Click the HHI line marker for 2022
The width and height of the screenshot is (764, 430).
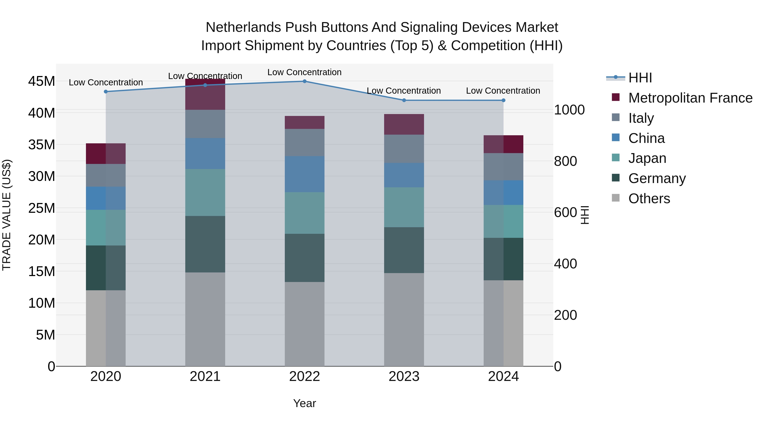(x=305, y=81)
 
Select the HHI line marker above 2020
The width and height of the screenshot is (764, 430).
(x=106, y=92)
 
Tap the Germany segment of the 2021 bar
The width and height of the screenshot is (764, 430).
(x=205, y=244)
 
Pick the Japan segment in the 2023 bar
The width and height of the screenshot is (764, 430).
(x=404, y=207)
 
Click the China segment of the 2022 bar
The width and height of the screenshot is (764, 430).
(x=305, y=174)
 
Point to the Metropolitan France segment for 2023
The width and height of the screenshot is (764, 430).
(x=404, y=124)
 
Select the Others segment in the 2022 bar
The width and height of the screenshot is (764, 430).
(x=305, y=324)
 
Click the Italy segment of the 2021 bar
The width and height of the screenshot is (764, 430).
(x=205, y=124)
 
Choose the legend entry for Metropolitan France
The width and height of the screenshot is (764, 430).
(x=690, y=98)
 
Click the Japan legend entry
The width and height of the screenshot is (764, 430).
(x=647, y=158)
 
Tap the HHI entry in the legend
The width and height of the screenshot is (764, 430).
(x=640, y=78)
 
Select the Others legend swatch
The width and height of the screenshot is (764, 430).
(x=616, y=198)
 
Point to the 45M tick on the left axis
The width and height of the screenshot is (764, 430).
(x=42, y=81)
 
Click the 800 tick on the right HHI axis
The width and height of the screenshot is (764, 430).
(x=565, y=161)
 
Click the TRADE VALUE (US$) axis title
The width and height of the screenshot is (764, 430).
(x=7, y=215)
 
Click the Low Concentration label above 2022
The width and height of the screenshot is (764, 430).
(x=305, y=72)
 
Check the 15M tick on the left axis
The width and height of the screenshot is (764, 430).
(x=42, y=271)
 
